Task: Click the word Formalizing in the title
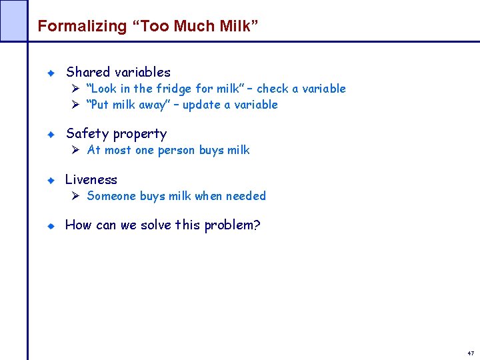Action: (73, 27)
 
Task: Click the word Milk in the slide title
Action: (234, 27)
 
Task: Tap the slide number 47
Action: (471, 353)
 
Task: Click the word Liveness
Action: (91, 180)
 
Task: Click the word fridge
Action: (174, 89)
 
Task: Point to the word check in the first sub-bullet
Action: (273, 89)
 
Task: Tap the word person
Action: (176, 150)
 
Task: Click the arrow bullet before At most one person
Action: (75, 150)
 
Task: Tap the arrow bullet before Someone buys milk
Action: (75, 196)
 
